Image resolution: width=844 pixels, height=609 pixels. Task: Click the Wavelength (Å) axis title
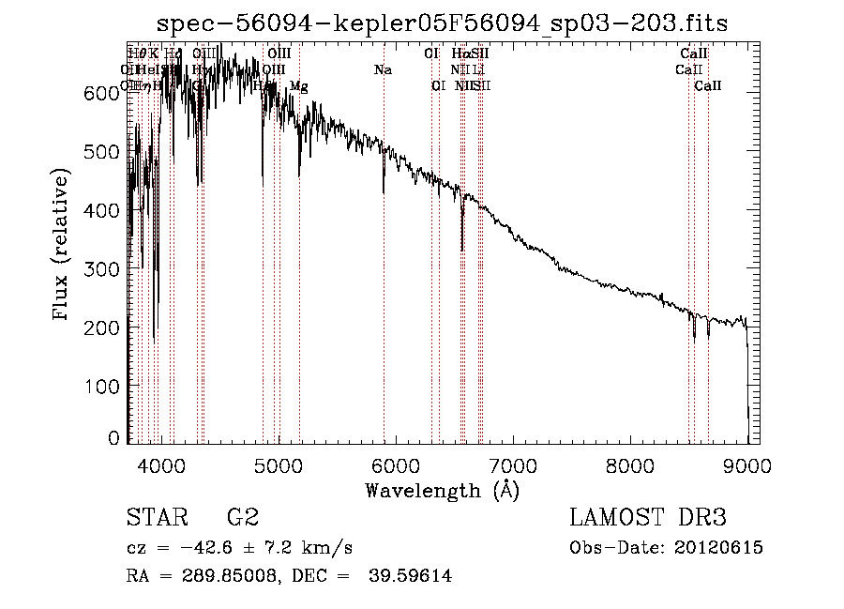pyautogui.click(x=442, y=490)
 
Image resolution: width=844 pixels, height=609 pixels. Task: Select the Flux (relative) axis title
pyautogui.click(x=62, y=246)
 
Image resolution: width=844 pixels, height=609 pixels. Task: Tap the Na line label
pyautogui.click(x=383, y=69)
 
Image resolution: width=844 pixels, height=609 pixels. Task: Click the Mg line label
pyautogui.click(x=298, y=86)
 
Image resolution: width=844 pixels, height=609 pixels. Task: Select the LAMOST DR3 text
pyautogui.click(x=647, y=518)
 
